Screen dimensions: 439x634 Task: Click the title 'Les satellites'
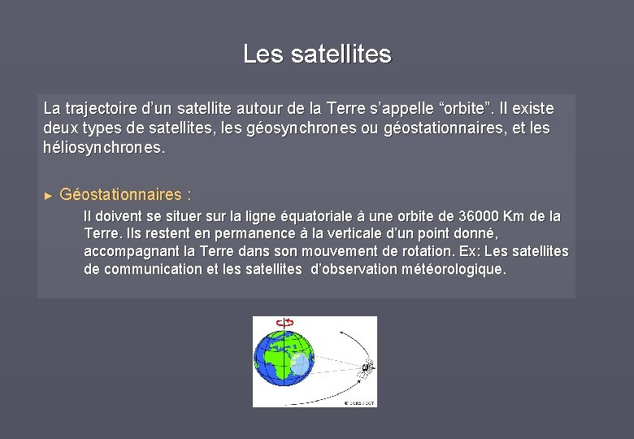click(317, 54)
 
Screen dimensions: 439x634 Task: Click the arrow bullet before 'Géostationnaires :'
click(48, 196)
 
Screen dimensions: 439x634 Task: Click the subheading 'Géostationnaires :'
click(126, 195)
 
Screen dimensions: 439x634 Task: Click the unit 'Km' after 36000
click(515, 217)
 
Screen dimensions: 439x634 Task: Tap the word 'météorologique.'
click(454, 269)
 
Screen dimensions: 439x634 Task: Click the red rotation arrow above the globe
click(284, 323)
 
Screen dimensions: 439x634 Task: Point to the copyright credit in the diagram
click(358, 402)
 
